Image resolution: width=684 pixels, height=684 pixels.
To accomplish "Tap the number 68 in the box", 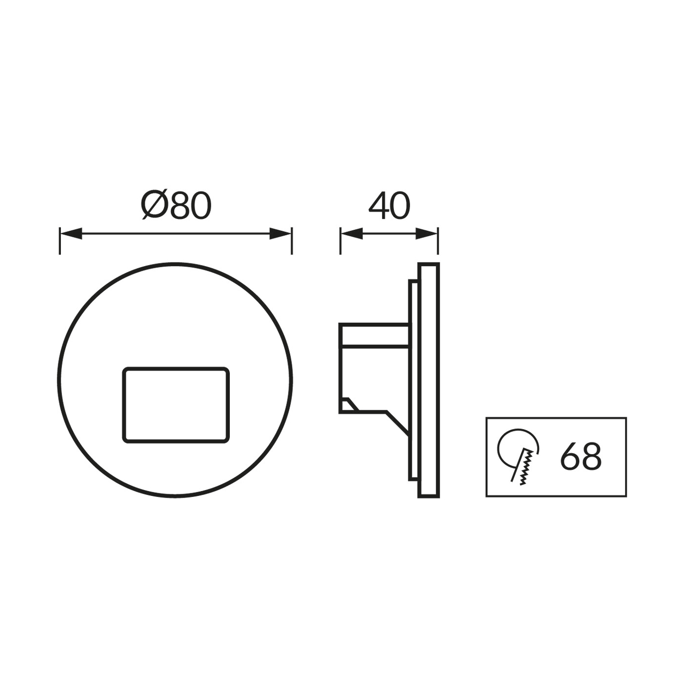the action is click(581, 456).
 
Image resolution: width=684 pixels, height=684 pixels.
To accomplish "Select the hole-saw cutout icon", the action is click(518, 456).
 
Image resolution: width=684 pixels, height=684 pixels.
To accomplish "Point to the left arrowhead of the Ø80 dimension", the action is click(71, 234).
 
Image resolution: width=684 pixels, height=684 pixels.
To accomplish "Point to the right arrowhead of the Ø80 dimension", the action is click(281, 234).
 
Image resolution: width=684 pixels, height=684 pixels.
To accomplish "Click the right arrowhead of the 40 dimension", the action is click(427, 234).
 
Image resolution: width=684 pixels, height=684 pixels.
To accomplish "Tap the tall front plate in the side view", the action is click(429, 380).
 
